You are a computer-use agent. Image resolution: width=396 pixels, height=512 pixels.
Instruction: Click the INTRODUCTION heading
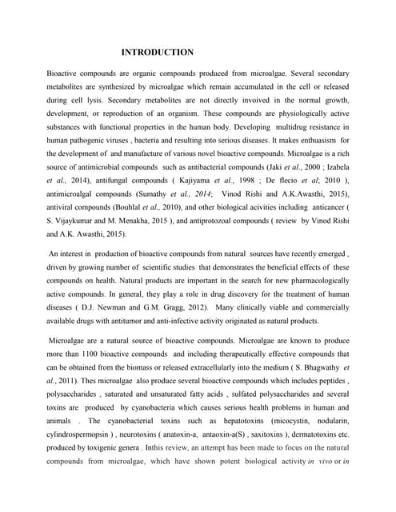pyautogui.click(x=157, y=53)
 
